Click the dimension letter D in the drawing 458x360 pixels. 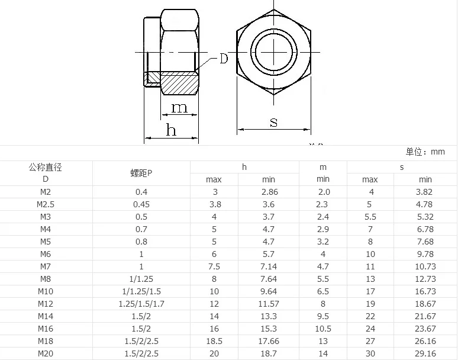[224, 59]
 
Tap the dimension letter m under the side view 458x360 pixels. [179, 107]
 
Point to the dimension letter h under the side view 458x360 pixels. [170, 130]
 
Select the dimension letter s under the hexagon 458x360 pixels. [274, 123]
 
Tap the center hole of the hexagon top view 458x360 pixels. [274, 53]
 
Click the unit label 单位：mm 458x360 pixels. [425, 152]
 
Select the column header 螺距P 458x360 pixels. [141, 173]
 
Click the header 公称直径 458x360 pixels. [46, 167]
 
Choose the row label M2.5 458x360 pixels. [46, 204]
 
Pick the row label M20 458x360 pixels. [46, 353]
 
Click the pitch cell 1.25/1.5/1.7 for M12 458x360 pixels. [141, 304]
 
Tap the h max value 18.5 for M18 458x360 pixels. [214, 341]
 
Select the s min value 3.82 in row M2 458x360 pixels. [424, 192]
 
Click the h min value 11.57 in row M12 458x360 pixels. [269, 304]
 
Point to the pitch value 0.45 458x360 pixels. [141, 204]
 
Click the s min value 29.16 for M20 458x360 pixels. [424, 353]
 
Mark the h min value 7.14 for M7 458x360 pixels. [269, 266]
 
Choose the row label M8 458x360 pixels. [46, 279]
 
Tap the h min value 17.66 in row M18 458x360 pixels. [269, 341]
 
